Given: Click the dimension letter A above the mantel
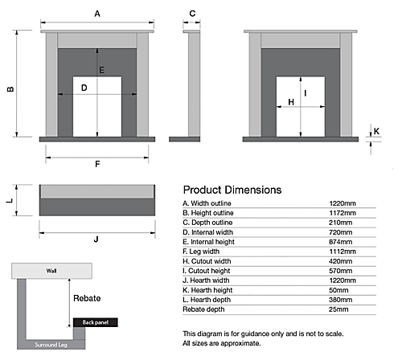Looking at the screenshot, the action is [97, 14].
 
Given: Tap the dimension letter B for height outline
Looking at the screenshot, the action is [10, 89].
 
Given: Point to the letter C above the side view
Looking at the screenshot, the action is [192, 14].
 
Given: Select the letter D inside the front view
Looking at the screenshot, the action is [84, 88].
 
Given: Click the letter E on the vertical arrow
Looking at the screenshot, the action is [101, 70].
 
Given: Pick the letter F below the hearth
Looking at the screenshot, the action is [97, 164].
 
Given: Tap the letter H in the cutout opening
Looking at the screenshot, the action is [291, 102].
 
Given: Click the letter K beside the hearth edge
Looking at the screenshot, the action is [376, 131].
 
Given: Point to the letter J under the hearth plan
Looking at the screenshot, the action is [96, 239].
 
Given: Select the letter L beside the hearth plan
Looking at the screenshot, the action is [10, 200].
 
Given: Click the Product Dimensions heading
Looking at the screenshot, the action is [232, 190].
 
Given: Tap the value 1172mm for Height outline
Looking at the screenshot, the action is [343, 213].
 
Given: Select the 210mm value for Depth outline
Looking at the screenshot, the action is [341, 223].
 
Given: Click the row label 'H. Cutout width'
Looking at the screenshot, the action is [207, 261].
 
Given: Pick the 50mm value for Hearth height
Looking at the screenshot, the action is [338, 290].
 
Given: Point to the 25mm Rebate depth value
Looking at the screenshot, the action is [338, 309].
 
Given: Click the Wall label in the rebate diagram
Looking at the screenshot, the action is [51, 271].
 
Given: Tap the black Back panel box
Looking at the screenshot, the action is [96, 322].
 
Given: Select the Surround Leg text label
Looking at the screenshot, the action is [51, 345].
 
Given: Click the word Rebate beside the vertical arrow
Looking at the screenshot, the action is [87, 298].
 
